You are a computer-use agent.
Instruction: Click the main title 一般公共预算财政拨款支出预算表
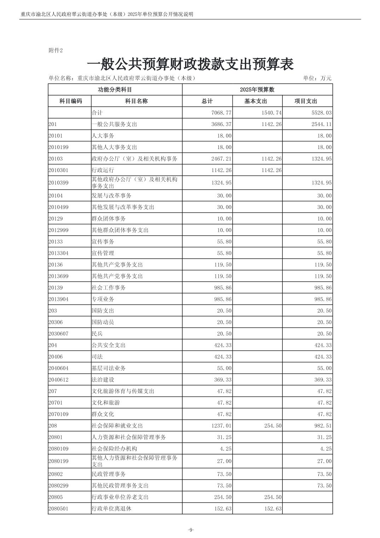point(190,64)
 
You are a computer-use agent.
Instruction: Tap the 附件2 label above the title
point(55,50)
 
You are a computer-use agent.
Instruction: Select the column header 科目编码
point(70,101)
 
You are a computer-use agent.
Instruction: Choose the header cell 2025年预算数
point(257,90)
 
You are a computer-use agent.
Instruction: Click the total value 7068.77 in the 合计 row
point(221,113)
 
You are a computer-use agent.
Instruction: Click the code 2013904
point(58,299)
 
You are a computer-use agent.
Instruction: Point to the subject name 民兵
point(97,334)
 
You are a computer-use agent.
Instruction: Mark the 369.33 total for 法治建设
point(223,380)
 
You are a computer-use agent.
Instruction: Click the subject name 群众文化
point(103,414)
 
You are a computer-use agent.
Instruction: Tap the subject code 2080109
point(58,449)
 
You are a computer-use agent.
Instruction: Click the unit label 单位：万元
point(317,78)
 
